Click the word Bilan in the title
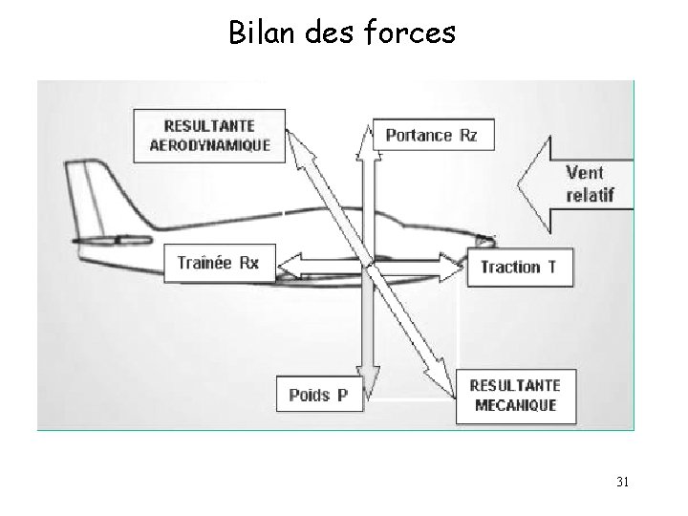257,33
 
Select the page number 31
622,482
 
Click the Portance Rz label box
431,136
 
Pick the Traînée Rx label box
218,263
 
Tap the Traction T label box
518,267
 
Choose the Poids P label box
319,395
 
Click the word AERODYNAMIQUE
210,145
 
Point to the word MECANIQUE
513,405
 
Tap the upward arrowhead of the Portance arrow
367,134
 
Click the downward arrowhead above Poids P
367,373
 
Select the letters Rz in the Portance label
468,136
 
